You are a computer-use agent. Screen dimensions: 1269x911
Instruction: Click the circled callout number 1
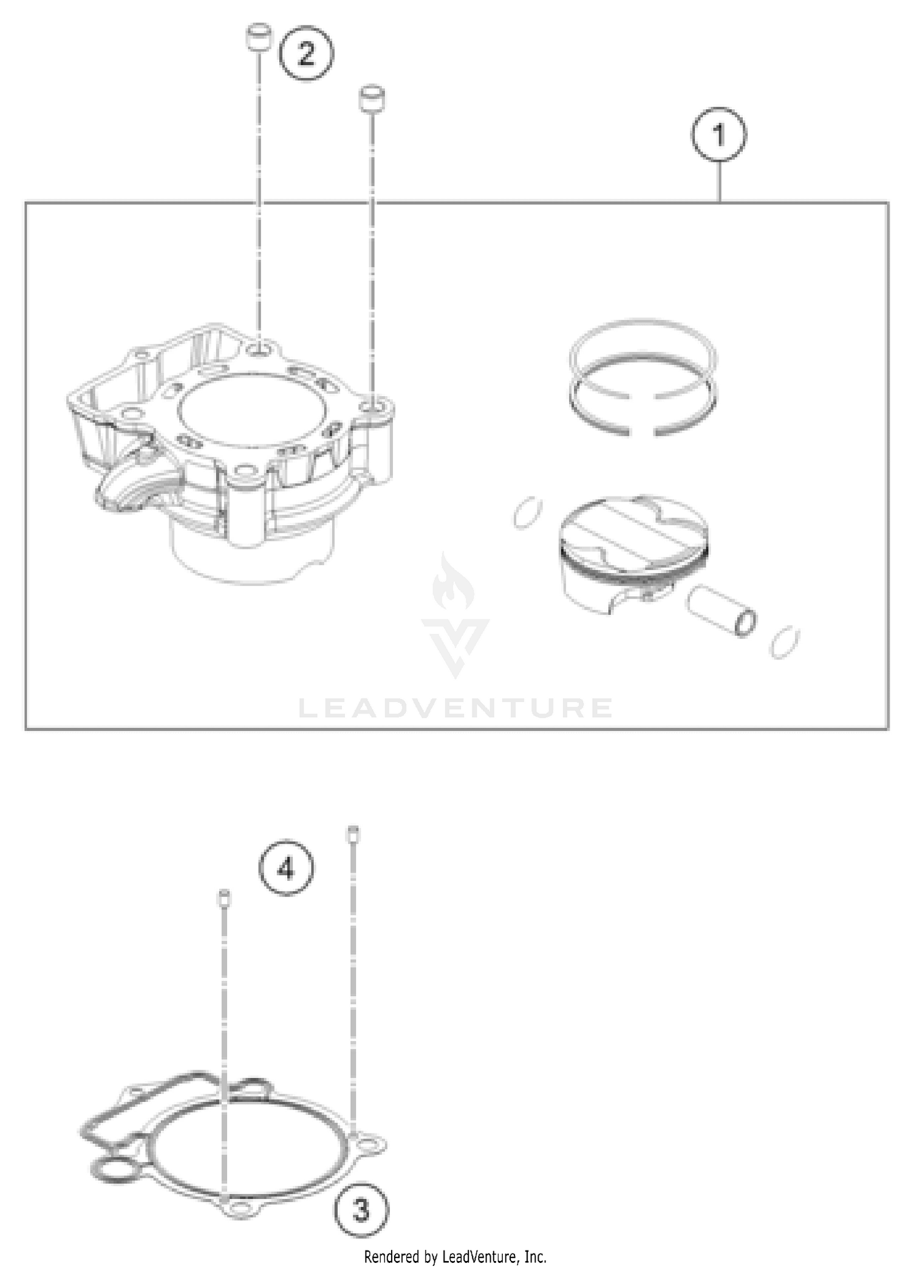coord(719,134)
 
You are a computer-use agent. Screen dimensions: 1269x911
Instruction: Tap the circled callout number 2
coord(306,53)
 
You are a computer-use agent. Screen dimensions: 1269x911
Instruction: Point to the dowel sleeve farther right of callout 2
coord(372,98)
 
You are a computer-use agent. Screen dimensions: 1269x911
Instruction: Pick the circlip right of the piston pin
coord(784,641)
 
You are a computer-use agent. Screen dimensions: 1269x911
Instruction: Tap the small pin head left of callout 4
coord(224,897)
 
